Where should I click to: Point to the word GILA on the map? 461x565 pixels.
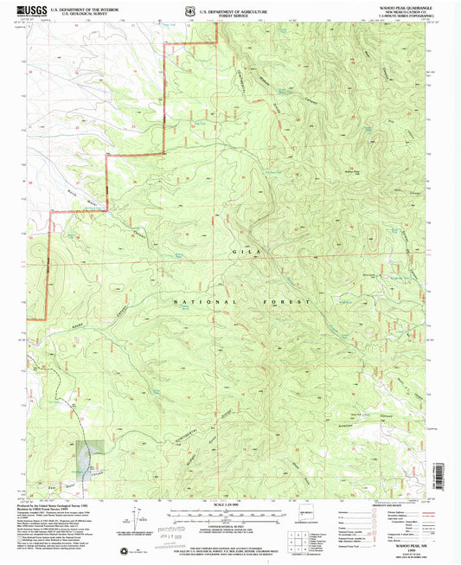[x=241, y=250]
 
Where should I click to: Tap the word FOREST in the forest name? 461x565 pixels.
[x=276, y=302]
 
